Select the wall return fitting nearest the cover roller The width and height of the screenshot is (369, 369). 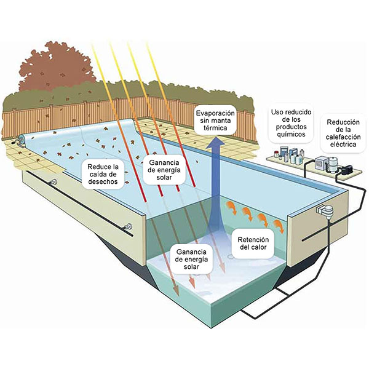54,183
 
